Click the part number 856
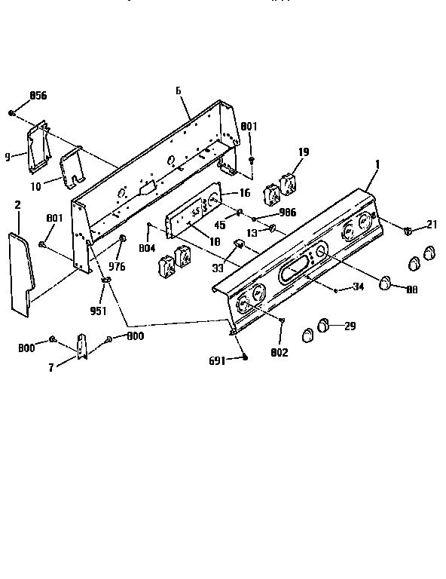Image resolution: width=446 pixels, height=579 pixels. [38, 96]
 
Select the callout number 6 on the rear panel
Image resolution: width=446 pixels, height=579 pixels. [178, 90]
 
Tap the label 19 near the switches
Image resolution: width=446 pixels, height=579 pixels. [303, 152]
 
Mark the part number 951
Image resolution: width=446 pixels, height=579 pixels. [98, 309]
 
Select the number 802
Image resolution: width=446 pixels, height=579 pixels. [280, 351]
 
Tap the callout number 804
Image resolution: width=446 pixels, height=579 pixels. [148, 247]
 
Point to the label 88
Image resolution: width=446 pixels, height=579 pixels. [412, 288]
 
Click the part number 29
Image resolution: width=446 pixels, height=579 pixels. [349, 326]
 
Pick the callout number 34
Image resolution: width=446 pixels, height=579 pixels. [359, 286]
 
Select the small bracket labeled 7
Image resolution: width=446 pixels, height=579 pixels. [82, 345]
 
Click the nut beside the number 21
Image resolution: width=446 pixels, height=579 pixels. [407, 229]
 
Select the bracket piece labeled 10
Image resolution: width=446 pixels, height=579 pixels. [72, 167]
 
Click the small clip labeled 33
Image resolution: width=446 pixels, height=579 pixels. [239, 243]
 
